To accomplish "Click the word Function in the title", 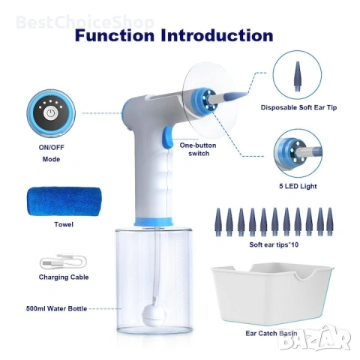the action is tap(115, 35).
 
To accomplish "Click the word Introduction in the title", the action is tap(217, 35).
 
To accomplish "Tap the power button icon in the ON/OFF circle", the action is tap(50, 113).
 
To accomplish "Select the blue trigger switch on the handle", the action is tap(167, 137).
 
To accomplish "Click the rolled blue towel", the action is tap(64, 202).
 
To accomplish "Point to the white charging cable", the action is tap(63, 262).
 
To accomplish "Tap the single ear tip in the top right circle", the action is tap(297, 76).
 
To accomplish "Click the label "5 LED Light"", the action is tap(298, 186).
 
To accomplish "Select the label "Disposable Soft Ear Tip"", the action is tap(298, 107).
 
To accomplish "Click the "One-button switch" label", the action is tap(198, 149).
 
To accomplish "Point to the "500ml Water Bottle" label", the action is tap(56, 308).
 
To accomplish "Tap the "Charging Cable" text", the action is tap(64, 277).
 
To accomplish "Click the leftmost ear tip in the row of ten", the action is tap(218, 222).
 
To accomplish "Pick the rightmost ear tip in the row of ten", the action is tap(330, 222).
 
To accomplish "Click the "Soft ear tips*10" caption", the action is tap(274, 244).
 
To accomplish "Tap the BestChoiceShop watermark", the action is tap(85, 22).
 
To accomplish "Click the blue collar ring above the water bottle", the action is tap(153, 221).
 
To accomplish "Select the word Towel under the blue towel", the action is tap(64, 224).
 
